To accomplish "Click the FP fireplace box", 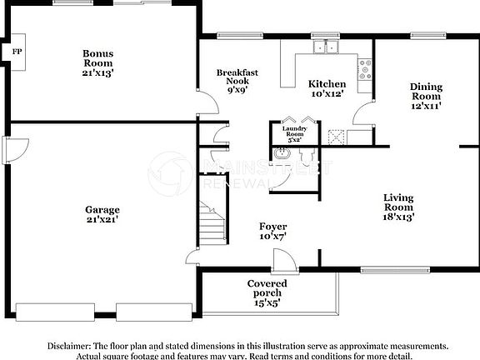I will (x=16, y=52).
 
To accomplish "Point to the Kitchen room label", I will (x=327, y=84).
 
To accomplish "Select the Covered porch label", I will (x=267, y=284).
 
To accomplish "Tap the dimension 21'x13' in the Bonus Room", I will (x=97, y=72).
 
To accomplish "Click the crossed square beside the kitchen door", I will (x=337, y=136).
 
